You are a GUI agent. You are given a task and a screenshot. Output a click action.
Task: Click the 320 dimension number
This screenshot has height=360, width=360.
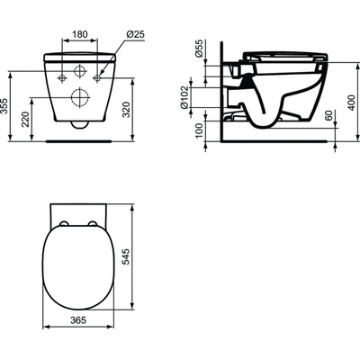click(135, 111)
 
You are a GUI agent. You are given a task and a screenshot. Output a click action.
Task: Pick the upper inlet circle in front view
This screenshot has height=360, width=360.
click(79, 69)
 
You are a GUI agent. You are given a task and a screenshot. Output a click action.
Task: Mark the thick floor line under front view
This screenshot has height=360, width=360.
click(79, 140)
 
